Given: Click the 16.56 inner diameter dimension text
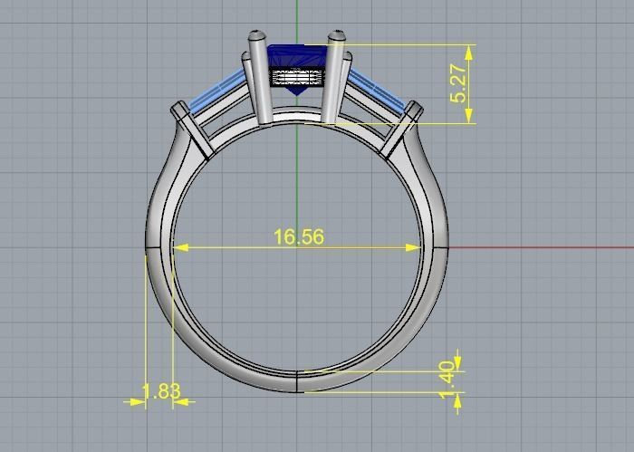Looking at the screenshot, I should pos(298,237).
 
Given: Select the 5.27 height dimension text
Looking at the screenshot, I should pos(459,83).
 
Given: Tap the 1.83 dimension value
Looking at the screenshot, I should pos(161,392).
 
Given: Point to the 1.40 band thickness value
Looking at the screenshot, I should pos(446,381).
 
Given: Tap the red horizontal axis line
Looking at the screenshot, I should pos(543,246).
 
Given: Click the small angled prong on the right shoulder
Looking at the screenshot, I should pos(402,129).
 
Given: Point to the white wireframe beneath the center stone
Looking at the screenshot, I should pos(296,78).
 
